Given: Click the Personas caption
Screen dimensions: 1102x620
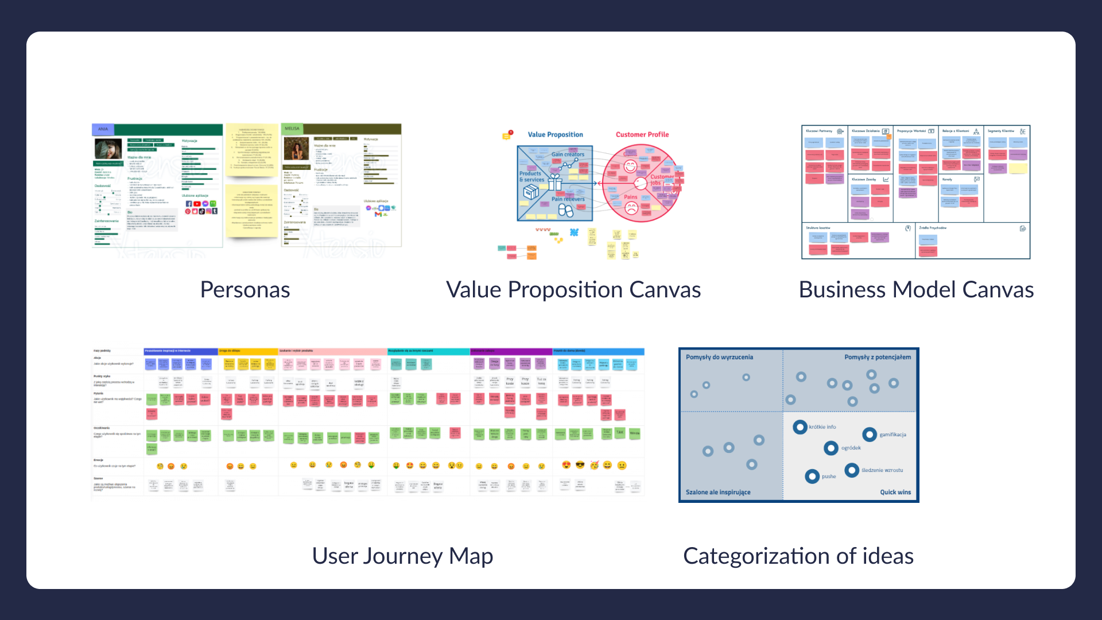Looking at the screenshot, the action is (x=245, y=290).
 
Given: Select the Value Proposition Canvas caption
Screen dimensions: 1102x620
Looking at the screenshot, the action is (x=573, y=290).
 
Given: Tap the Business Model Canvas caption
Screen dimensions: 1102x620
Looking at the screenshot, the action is (x=916, y=290).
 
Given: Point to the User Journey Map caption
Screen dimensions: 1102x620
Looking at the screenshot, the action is (x=402, y=556).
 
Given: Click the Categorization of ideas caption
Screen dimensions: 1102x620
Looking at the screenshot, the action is (x=798, y=556).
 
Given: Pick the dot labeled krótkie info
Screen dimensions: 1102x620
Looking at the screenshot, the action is (x=800, y=427).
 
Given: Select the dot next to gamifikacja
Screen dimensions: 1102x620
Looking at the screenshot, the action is (x=870, y=435).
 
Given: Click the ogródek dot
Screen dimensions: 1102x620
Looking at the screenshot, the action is (x=831, y=448).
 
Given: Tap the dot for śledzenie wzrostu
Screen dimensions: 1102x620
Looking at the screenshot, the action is (x=852, y=470).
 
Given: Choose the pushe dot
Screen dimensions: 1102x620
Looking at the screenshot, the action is (x=812, y=476).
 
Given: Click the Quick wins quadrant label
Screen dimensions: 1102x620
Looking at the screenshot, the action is (x=895, y=492).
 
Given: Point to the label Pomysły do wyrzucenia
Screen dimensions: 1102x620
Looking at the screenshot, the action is (x=719, y=357).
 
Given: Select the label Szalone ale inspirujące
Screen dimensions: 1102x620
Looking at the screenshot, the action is (x=718, y=492).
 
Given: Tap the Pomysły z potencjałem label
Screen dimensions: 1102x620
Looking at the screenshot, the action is (x=878, y=357).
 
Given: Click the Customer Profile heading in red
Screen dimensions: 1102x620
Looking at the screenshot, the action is (x=642, y=134).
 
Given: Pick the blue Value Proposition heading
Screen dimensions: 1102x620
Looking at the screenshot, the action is (x=555, y=134).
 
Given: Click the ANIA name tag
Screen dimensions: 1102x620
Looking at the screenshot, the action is (x=103, y=129).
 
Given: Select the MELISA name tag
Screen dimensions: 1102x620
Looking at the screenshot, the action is (x=292, y=129).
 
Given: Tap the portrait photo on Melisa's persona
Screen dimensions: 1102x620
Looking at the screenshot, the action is (x=297, y=149).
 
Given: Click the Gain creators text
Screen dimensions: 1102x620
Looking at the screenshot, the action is (x=568, y=154).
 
